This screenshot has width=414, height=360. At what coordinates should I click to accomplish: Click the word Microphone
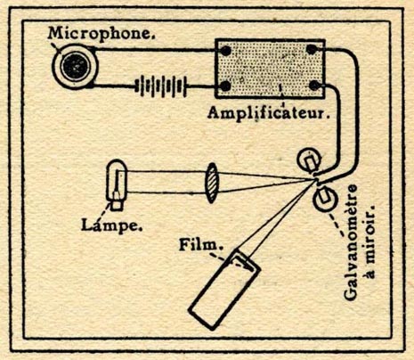(x=101, y=33)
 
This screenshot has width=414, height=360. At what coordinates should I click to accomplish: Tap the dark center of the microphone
(x=75, y=67)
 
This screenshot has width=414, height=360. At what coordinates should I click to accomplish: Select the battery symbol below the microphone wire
(x=161, y=86)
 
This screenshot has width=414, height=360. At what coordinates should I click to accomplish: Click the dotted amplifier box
(x=270, y=69)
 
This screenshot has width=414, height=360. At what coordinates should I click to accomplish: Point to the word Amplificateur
(x=269, y=113)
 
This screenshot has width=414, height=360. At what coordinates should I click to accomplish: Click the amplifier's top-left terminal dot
(x=225, y=51)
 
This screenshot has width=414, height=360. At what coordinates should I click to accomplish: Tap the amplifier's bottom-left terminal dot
(x=225, y=86)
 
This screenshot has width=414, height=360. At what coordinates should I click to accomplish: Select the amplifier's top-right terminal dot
(x=312, y=50)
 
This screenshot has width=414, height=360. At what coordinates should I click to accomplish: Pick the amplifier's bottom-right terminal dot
(x=314, y=86)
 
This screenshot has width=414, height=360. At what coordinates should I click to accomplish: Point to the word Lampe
(x=111, y=225)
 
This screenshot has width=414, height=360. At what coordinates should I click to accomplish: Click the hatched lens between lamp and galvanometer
(x=211, y=183)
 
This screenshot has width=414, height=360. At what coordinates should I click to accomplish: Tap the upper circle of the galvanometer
(x=310, y=160)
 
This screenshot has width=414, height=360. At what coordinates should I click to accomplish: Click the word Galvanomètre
(x=351, y=242)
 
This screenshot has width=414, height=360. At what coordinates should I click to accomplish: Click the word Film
(x=201, y=245)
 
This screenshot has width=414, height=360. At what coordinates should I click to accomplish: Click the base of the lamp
(x=117, y=205)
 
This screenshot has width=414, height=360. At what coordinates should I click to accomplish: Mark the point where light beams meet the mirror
(x=315, y=180)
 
